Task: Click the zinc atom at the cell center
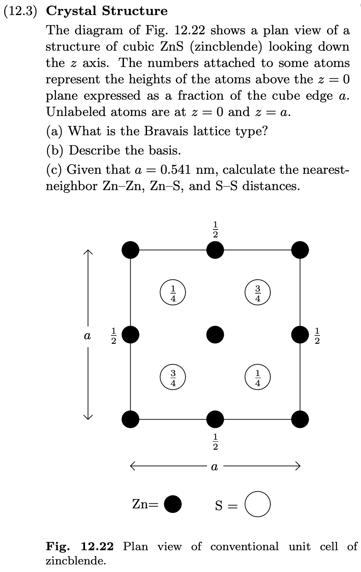point(215,334)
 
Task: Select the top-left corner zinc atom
point(131,250)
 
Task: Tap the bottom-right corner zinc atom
point(300,418)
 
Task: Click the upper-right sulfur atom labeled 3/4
point(258,292)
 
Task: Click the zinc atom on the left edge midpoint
point(131,334)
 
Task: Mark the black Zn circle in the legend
point(173,504)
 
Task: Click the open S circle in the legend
point(258,504)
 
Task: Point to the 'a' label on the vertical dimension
point(88,336)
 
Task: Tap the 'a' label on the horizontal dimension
point(214,466)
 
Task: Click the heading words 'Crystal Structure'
point(107,11)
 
